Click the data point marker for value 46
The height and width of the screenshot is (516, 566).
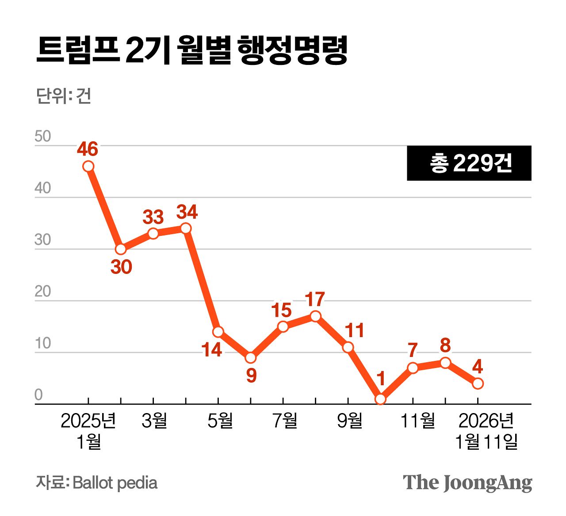click(88, 166)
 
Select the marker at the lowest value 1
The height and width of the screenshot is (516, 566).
click(380, 399)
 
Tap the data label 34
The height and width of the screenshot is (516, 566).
click(187, 212)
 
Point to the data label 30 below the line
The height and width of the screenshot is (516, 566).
click(121, 267)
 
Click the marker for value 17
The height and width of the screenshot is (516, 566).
click(315, 316)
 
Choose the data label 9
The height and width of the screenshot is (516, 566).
click(251, 376)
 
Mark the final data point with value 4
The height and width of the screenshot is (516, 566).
click(478, 383)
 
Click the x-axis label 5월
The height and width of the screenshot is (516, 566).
click(220, 421)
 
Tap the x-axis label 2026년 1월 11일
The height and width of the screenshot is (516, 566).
click(486, 431)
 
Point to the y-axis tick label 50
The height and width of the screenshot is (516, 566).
click(43, 137)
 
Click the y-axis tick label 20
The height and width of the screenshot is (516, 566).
click(43, 292)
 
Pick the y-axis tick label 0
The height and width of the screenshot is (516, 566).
click(38, 395)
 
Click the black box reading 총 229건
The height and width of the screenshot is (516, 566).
click(469, 163)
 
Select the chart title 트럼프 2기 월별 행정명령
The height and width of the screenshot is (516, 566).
click(191, 50)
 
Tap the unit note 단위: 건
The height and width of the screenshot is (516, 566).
click(64, 96)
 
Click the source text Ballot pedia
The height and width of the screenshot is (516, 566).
click(115, 483)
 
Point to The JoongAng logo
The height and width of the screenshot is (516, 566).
click(467, 483)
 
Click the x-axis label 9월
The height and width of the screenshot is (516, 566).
click(349, 421)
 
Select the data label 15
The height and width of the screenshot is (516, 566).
click(282, 311)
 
